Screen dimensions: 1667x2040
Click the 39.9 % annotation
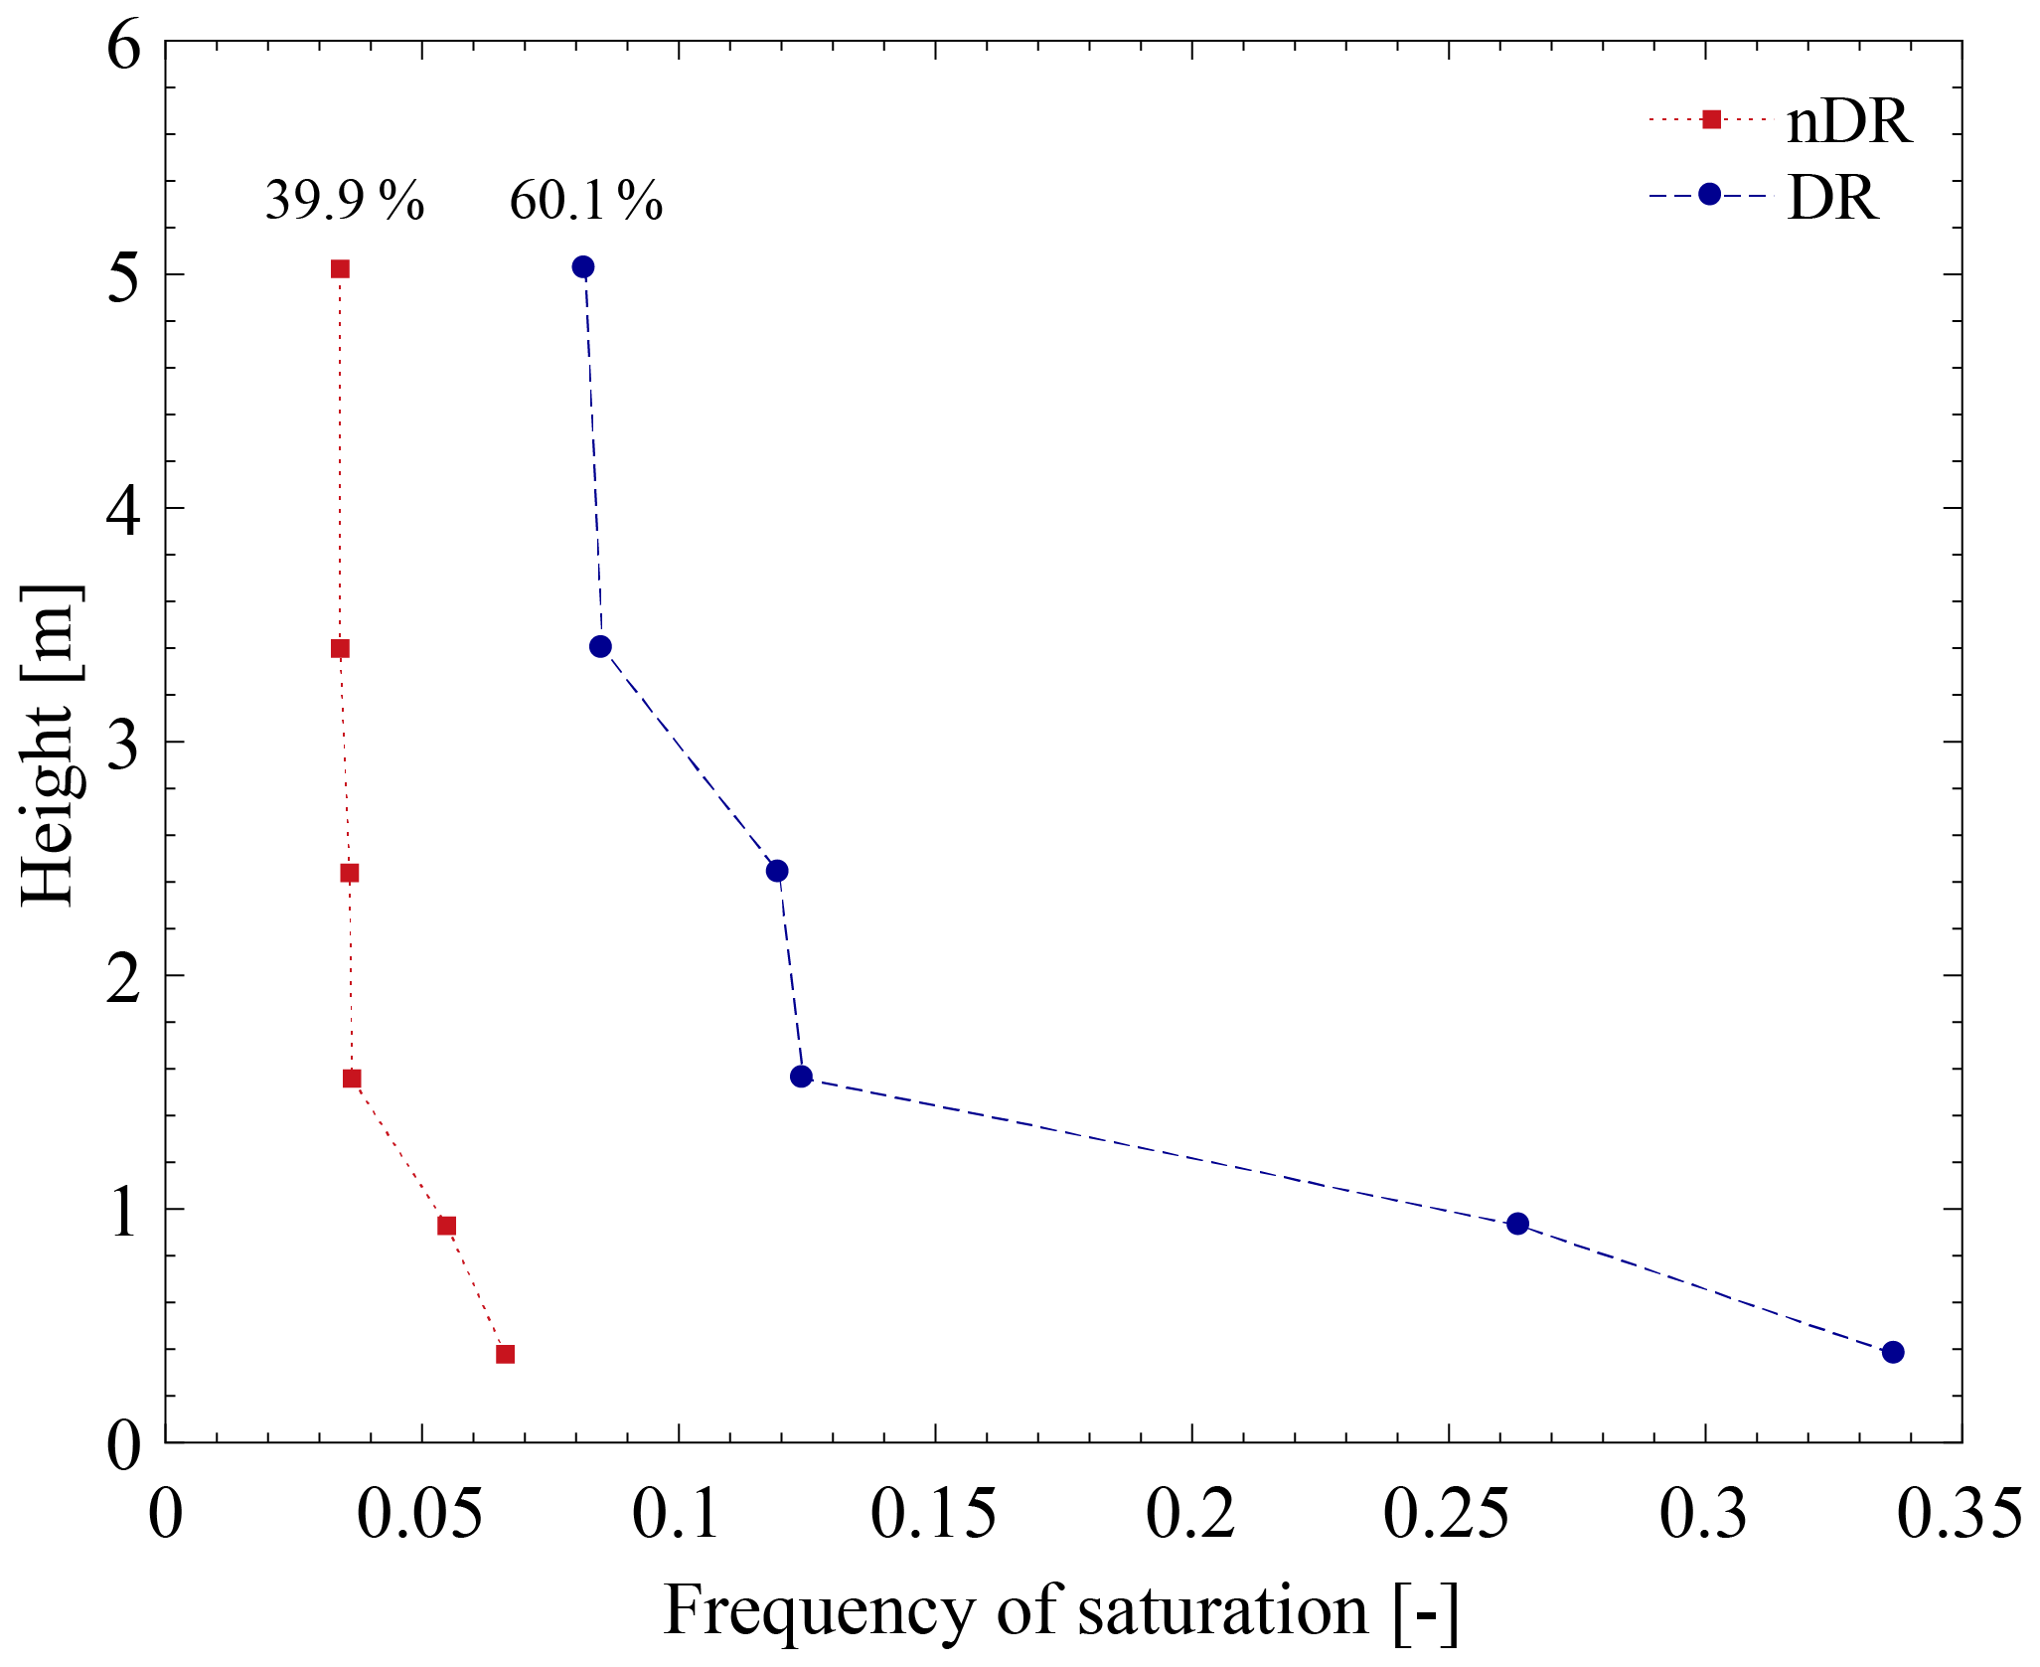pos(344,201)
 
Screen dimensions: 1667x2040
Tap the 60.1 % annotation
pos(585,201)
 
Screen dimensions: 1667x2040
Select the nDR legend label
pos(1848,123)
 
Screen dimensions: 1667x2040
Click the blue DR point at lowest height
pos(1893,1352)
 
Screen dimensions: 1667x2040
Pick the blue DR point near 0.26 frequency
pos(1517,1224)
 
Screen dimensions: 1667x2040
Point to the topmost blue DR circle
pos(583,267)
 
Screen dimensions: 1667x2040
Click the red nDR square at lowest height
pos(505,1354)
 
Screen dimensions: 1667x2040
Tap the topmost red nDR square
pos(340,269)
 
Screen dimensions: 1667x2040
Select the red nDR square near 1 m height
pos(447,1226)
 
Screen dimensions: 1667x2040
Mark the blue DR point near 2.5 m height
pos(777,871)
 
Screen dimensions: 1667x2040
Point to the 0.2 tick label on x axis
pos(1190,1516)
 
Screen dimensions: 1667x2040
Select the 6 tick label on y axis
pos(124,46)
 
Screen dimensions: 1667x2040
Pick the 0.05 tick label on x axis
pos(420,1516)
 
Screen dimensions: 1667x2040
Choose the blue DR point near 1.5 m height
pos(801,1077)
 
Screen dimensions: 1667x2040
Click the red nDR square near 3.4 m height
pos(340,649)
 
